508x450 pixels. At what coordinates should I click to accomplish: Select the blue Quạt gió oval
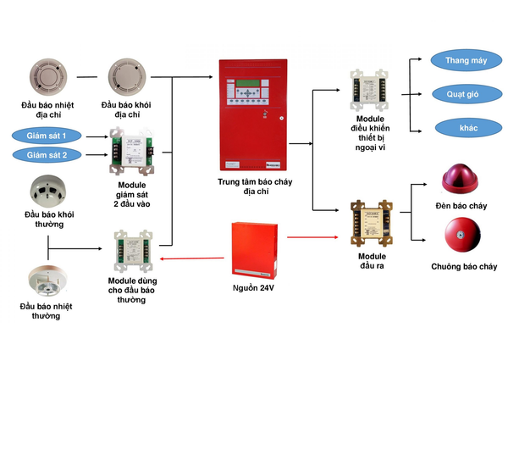pyautogui.click(x=462, y=94)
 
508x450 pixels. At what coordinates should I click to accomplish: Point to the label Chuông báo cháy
pyautogui.click(x=464, y=266)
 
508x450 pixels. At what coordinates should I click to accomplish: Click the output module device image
pyautogui.click(x=372, y=222)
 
